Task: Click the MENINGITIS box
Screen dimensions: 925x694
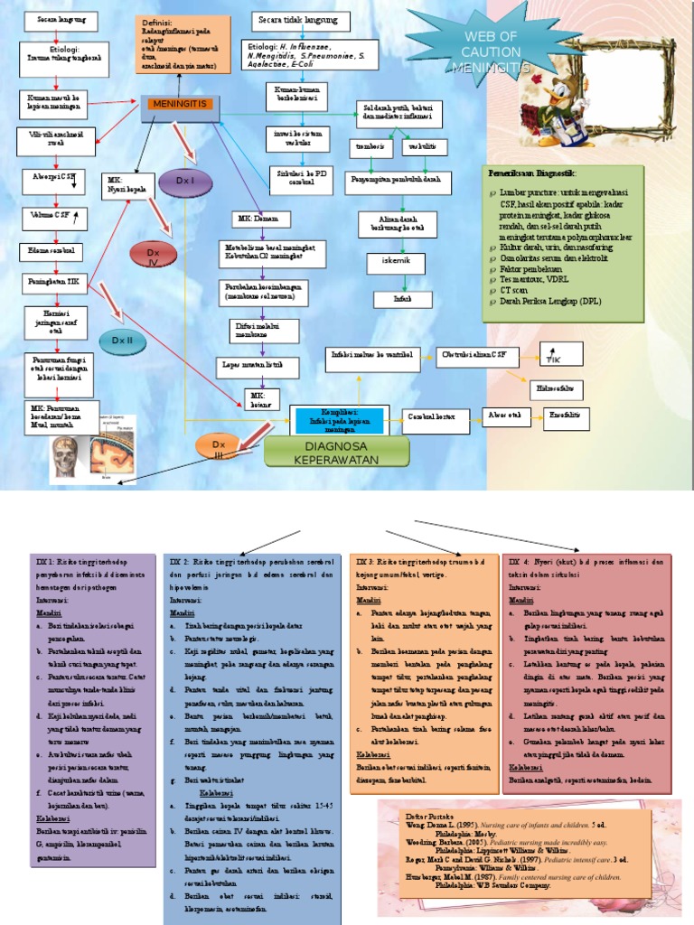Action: point(180,105)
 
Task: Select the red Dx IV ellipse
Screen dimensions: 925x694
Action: point(153,257)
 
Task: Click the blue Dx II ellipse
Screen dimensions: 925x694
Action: point(122,340)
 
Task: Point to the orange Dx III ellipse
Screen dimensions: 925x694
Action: point(218,447)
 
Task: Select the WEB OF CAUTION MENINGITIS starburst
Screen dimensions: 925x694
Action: point(490,52)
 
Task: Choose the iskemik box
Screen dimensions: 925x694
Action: point(394,263)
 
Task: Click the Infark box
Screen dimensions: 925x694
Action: point(400,298)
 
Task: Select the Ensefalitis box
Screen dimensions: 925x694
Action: point(565,416)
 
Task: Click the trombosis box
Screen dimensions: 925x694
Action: point(368,146)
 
